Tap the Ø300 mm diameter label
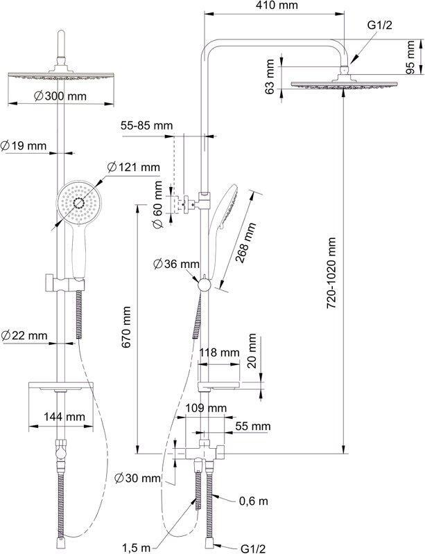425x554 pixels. (x=60, y=96)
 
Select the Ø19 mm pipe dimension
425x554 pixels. (x=24, y=145)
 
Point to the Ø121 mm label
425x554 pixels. (x=133, y=167)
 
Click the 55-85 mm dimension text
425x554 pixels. (x=146, y=125)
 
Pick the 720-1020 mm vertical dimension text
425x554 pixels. (x=331, y=273)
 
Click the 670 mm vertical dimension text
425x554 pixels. (x=126, y=327)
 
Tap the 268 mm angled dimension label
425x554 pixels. (x=245, y=242)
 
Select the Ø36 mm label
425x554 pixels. (x=176, y=264)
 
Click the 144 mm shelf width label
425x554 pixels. (x=64, y=417)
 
